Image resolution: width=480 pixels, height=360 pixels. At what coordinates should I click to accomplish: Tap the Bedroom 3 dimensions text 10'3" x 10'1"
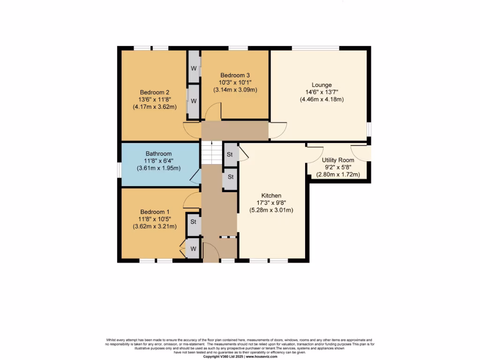235,82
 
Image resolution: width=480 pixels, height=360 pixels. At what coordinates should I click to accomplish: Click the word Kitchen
271,195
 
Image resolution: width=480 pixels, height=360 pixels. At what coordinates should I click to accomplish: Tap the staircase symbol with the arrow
211,152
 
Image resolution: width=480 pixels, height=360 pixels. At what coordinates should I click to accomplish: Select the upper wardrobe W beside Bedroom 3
194,67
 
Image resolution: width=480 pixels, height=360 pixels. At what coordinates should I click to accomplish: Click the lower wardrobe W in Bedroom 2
194,101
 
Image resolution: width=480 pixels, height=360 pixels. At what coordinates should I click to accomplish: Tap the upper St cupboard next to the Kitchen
230,155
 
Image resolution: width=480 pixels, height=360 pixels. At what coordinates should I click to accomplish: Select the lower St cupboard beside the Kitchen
230,177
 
